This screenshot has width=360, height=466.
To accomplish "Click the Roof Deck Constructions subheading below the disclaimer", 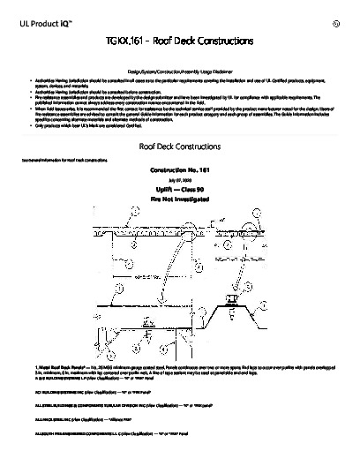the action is click(180, 146).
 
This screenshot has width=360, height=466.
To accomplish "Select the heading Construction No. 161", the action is click(180, 170).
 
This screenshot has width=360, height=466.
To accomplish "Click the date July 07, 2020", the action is click(180, 180).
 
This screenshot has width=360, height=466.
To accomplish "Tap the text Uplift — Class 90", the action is click(180, 189).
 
